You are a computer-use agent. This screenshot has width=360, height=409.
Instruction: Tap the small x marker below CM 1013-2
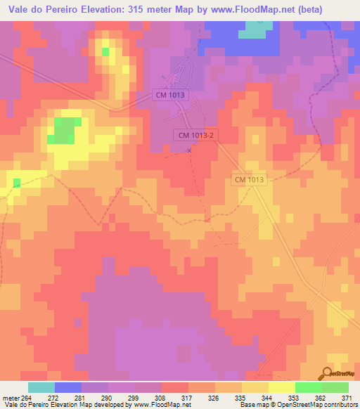coord(188,149)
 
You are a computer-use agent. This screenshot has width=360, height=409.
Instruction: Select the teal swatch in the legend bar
coord(41,387)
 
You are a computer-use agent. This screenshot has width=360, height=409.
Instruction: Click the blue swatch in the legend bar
coord(68,387)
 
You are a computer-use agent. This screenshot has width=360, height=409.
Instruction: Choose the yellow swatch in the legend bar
coord(282,387)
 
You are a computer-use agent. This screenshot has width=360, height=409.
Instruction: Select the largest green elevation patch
coord(65,131)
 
